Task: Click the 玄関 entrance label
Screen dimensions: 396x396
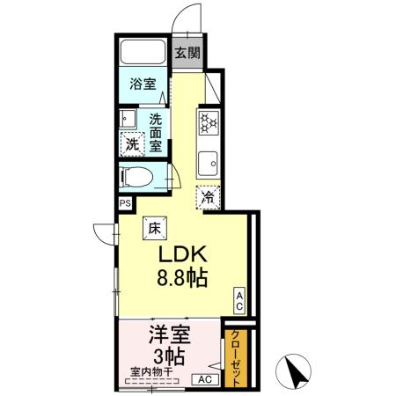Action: tap(186, 53)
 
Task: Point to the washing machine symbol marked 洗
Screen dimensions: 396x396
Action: tap(131, 143)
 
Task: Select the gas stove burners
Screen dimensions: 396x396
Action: tap(208, 122)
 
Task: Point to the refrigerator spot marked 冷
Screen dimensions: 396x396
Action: tap(208, 200)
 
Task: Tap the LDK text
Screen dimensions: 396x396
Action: tap(181, 255)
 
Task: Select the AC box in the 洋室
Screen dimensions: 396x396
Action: tap(203, 378)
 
